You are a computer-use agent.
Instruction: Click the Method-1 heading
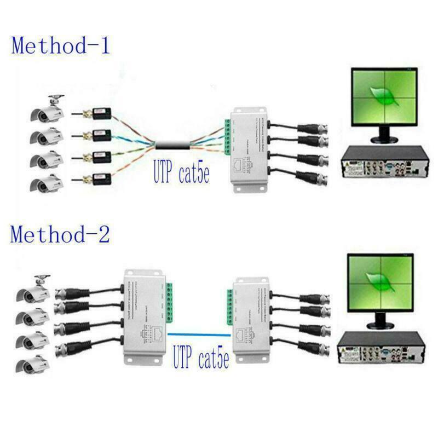(61, 45)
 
